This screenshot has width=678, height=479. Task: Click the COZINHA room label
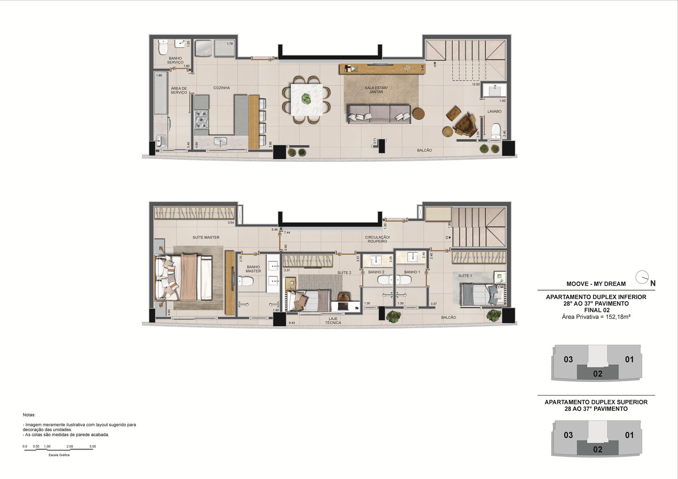(221, 88)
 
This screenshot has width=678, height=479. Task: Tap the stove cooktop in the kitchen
(202, 120)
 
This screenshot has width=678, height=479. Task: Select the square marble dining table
(306, 99)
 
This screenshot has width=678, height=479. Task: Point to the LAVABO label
(494, 111)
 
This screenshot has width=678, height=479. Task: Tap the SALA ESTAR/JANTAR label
(376, 90)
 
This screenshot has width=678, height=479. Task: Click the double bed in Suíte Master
(184, 277)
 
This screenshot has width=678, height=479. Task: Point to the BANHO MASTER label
(253, 269)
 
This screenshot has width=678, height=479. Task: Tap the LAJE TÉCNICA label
(333, 321)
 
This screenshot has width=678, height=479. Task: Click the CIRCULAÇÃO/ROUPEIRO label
(377, 239)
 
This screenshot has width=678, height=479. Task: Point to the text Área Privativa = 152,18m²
(596, 317)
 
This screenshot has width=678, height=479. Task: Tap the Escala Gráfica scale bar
(59, 450)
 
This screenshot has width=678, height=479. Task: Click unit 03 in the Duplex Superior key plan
(568, 435)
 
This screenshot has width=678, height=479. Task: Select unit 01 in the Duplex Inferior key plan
(629, 359)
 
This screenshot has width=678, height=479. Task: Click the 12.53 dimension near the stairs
(475, 84)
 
